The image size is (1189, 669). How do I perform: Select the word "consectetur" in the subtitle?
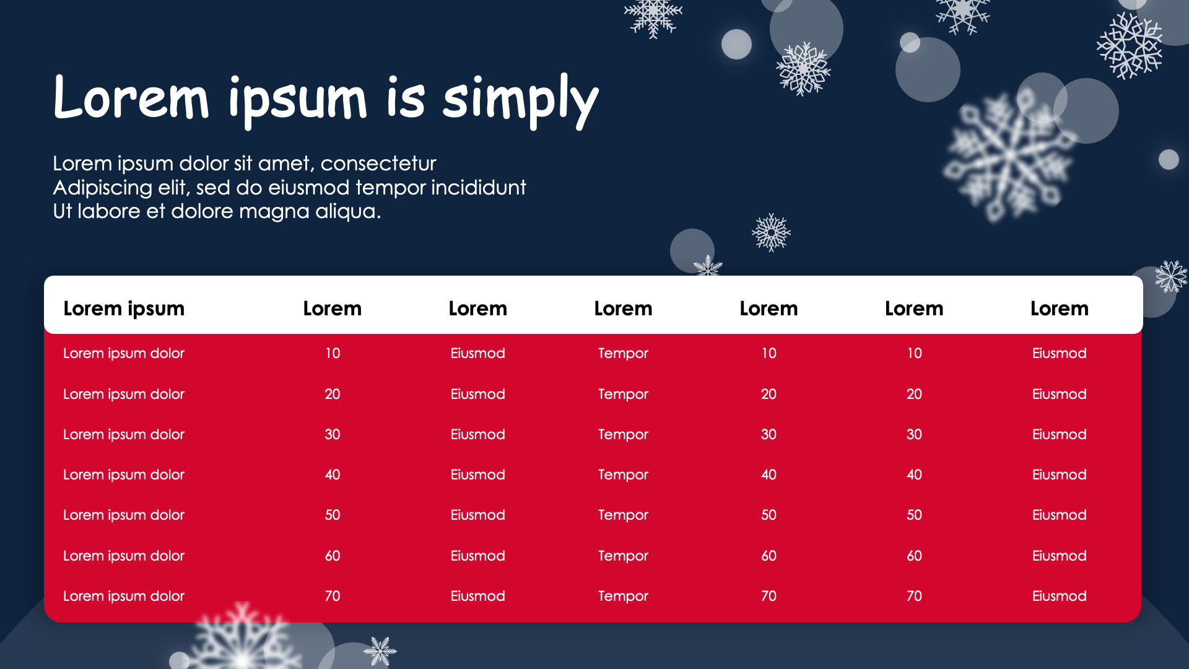[378, 164]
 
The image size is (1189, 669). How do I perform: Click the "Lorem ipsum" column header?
[124, 308]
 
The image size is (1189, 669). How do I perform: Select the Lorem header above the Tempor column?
[623, 308]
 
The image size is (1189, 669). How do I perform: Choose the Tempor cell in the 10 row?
[623, 354]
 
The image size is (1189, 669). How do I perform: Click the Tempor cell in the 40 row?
[623, 475]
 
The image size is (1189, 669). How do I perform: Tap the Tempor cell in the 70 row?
[623, 597]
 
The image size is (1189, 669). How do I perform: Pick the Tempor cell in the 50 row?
[623, 515]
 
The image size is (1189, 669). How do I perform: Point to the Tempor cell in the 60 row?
[623, 556]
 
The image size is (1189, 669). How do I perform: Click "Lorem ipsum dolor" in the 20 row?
[124, 395]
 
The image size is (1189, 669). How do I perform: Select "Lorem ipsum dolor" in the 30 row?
[124, 435]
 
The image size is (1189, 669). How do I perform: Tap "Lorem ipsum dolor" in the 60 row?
[124, 556]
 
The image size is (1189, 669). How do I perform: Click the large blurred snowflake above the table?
[1009, 155]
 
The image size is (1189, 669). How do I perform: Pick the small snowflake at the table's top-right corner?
[1170, 276]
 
